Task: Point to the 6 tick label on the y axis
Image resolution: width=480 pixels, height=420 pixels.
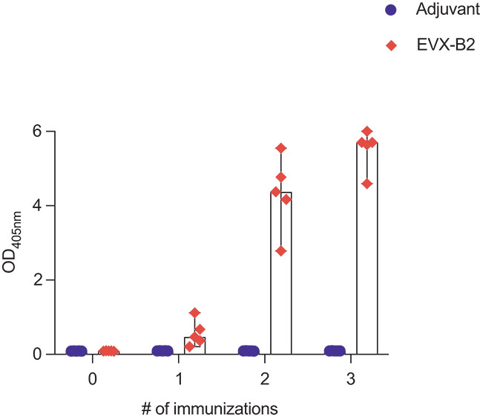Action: click(47, 132)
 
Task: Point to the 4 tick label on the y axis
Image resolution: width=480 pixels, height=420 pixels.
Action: click(47, 206)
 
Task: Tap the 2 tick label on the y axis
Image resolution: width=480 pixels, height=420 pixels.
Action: click(47, 280)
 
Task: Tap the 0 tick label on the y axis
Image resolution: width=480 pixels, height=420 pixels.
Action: click(47, 355)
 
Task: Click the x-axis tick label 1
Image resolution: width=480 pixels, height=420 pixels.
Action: click(179, 378)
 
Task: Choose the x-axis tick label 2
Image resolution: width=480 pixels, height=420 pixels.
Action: click(265, 378)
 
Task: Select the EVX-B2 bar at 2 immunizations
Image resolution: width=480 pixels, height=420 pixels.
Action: click(280, 297)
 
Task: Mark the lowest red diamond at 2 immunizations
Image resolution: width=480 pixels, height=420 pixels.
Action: click(280, 251)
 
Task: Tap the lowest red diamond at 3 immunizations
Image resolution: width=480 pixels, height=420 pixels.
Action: click(366, 184)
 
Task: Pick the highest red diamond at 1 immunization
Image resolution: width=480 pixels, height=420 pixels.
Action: click(194, 313)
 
